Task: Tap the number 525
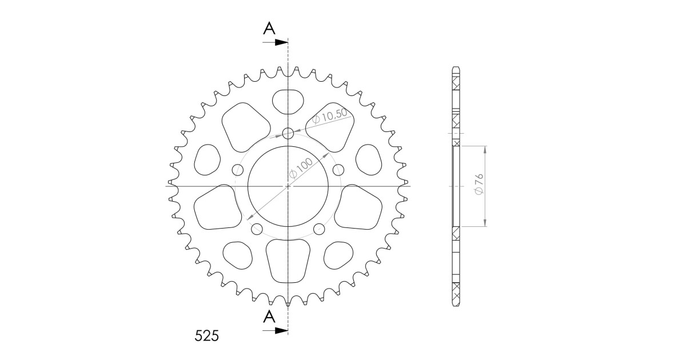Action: click(204, 335)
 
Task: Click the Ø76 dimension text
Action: click(480, 186)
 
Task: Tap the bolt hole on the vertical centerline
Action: click(288, 134)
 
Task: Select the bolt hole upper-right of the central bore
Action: click(338, 169)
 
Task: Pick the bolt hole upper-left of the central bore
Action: click(238, 169)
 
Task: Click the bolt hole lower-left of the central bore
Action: click(257, 229)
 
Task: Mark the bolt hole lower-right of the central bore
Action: click(319, 229)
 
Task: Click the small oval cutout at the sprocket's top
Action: click(288, 102)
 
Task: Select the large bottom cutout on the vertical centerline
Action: click(288, 260)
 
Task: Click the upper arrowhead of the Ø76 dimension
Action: click(485, 150)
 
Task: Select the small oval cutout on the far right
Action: click(369, 159)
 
